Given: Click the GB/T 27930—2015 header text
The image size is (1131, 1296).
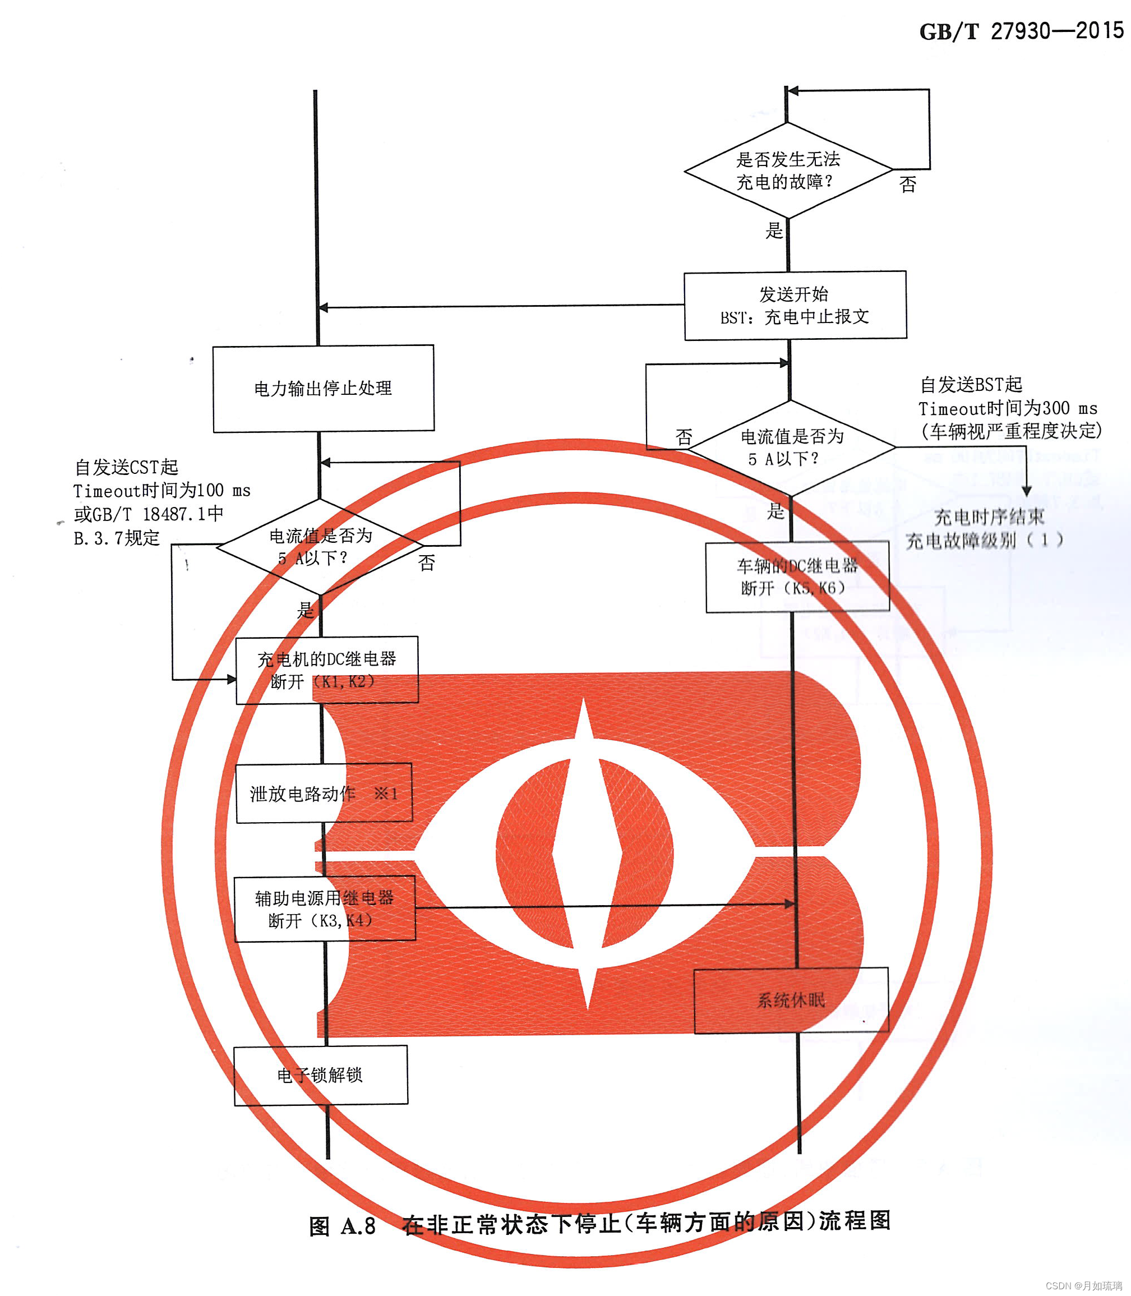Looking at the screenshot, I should coord(1021,31).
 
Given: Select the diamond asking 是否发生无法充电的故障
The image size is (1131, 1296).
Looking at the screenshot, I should coord(788,170).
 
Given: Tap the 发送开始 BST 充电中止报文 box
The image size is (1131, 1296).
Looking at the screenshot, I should coord(795,306).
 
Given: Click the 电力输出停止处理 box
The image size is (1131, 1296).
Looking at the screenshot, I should coord(323,388).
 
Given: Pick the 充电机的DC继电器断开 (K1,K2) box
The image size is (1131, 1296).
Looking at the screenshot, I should coord(327,670).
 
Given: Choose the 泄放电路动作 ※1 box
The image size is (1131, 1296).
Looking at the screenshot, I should coord(324,793).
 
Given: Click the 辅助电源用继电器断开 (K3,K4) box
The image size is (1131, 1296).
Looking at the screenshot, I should coord(325,908).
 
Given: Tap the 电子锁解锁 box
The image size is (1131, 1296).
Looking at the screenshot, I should coord(321,1075).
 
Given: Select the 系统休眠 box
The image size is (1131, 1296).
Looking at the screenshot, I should coord(791,1000).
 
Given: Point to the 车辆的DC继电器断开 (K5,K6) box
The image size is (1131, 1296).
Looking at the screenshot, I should coord(797,576).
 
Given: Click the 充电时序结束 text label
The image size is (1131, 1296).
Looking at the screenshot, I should coord(989,517).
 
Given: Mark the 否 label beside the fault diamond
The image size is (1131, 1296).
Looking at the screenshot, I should coord(908,185).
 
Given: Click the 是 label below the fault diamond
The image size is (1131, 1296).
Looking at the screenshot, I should coord(774,231).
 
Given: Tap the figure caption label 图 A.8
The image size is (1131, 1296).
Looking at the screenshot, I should coord(342,1226).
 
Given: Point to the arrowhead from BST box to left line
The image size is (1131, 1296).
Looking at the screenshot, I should coord(323,308).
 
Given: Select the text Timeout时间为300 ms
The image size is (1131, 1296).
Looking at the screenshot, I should coord(1007,408).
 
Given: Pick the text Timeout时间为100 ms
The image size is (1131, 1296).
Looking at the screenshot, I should coord(161,491).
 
